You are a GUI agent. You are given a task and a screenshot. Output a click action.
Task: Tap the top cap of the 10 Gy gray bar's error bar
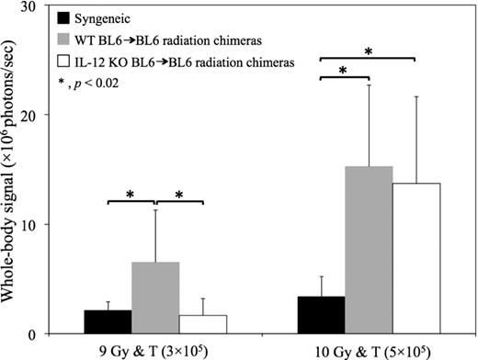pyautogui.click(x=369, y=84)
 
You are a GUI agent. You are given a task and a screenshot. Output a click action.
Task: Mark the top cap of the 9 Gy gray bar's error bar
pyautogui.click(x=154, y=209)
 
